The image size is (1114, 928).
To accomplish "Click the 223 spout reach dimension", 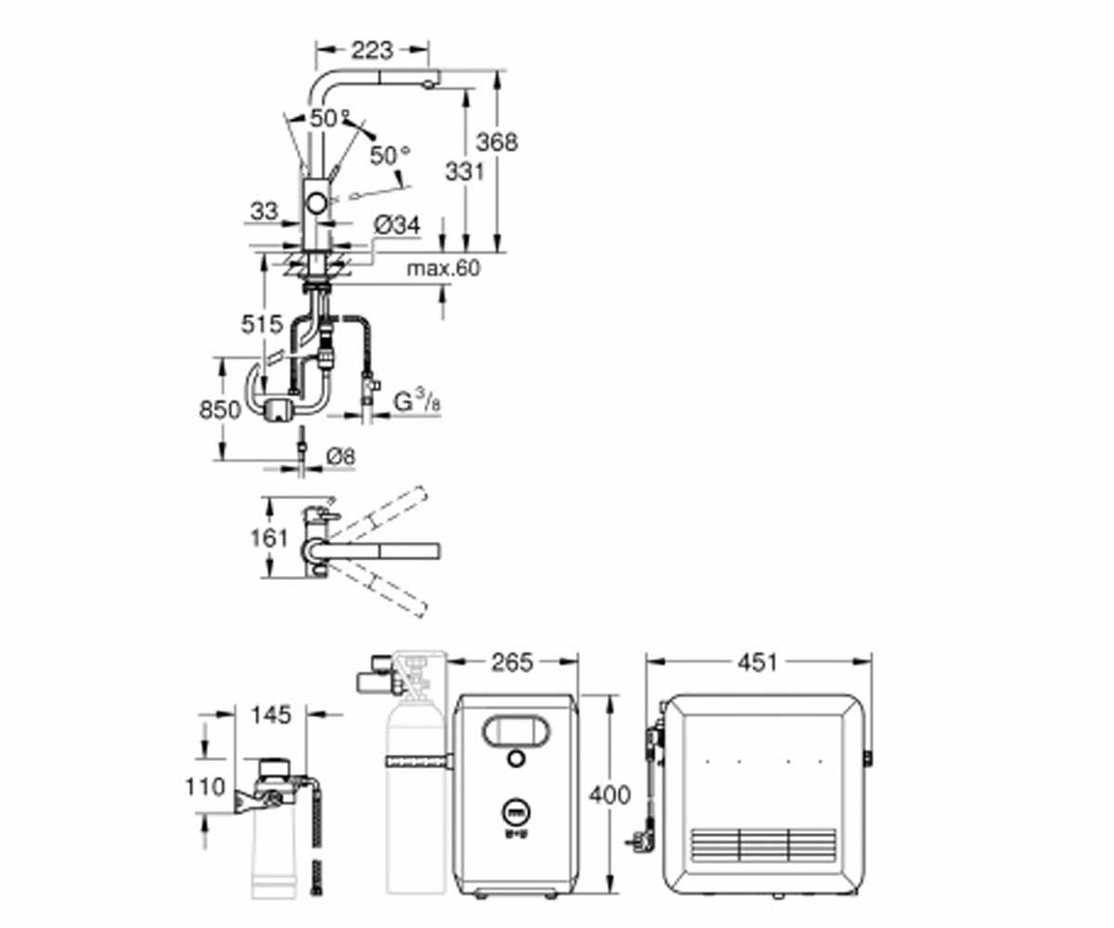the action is pyautogui.click(x=372, y=50).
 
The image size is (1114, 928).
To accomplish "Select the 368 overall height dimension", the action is pyautogui.click(x=497, y=142).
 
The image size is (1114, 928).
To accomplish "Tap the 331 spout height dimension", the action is pyautogui.click(x=465, y=172).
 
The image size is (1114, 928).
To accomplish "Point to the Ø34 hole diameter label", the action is pyautogui.click(x=397, y=226).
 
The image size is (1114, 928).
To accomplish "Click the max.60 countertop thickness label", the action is pyautogui.click(x=444, y=268).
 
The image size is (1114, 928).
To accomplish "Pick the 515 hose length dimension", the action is pyautogui.click(x=262, y=324).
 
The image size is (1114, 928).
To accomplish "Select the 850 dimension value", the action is pyautogui.click(x=220, y=409).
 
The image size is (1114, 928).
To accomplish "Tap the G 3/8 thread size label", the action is pyautogui.click(x=417, y=401).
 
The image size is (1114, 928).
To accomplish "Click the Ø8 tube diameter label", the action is pyautogui.click(x=341, y=457).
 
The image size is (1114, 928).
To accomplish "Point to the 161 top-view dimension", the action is pyautogui.click(x=269, y=538).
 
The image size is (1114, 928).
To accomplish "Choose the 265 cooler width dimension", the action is pyautogui.click(x=512, y=663).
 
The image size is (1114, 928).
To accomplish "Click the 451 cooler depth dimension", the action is pyautogui.click(x=758, y=663).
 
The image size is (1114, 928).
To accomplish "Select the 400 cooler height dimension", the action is pyautogui.click(x=610, y=795).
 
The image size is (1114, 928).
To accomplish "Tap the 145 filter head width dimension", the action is pyautogui.click(x=271, y=715).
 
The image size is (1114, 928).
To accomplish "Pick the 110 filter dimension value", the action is pyautogui.click(x=205, y=787).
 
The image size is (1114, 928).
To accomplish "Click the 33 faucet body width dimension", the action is pyautogui.click(x=264, y=212).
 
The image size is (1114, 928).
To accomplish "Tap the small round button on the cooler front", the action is pyautogui.click(x=516, y=758).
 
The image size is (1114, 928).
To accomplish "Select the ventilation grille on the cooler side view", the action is pyautogui.click(x=763, y=845).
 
